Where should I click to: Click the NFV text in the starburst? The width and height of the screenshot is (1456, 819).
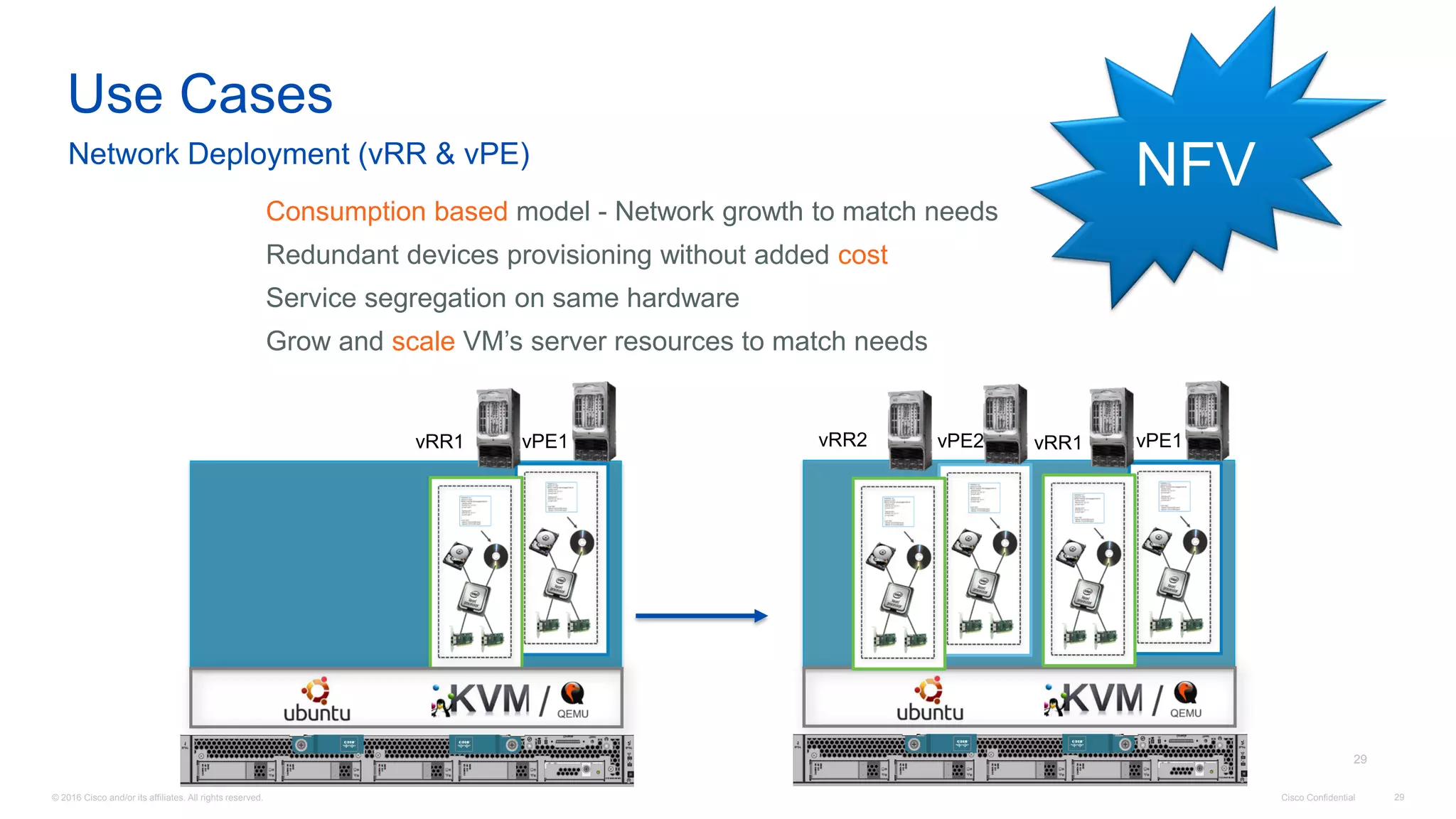point(1194,165)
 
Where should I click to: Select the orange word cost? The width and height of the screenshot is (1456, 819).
point(862,255)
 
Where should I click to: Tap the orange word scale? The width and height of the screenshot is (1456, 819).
point(423,341)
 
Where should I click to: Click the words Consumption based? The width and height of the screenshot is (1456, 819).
point(386,211)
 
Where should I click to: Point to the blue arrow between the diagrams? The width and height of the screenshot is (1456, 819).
point(701,616)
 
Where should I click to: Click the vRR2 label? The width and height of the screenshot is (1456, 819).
point(842,439)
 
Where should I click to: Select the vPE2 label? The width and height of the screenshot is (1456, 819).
point(959,441)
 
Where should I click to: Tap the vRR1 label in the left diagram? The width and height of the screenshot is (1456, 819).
point(439,441)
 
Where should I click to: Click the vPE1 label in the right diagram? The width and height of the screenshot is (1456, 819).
point(1158,441)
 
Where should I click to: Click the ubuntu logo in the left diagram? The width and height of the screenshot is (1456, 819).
point(316,700)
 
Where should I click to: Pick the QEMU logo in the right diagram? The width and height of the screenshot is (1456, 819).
point(1185,700)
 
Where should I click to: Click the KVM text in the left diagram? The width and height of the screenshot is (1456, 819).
point(491,700)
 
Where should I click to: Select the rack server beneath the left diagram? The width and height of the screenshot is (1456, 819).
point(407,759)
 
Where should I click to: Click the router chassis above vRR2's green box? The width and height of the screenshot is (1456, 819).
point(909,429)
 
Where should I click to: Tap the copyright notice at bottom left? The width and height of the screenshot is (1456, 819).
point(157,798)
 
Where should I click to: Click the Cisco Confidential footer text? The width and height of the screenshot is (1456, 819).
point(1317,798)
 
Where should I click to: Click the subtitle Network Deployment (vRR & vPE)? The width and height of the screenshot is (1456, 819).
point(299,154)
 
